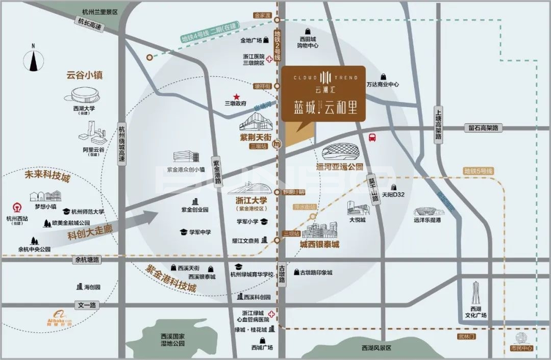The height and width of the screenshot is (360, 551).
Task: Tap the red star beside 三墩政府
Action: (236, 96)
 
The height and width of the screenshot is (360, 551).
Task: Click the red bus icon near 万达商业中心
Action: (372, 138)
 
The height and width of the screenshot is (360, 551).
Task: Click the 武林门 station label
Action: (466, 337)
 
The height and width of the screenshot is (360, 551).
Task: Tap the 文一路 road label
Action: (86, 304)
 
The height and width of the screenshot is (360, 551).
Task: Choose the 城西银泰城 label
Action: (319, 244)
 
